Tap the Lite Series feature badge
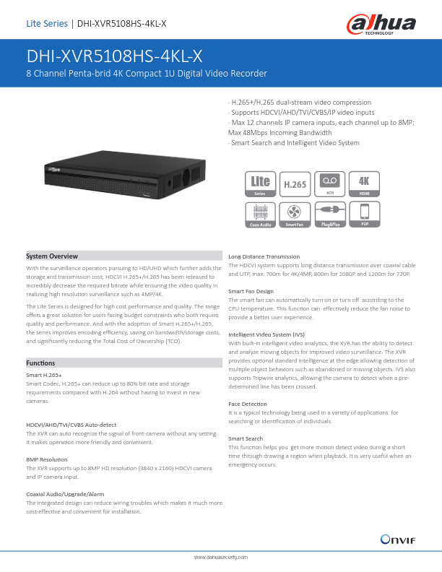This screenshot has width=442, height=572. click(x=260, y=184)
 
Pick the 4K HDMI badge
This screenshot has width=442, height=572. click(x=364, y=184)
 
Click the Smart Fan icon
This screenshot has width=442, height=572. click(x=294, y=214)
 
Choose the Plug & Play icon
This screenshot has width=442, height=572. click(x=329, y=214)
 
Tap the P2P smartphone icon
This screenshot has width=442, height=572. click(x=364, y=214)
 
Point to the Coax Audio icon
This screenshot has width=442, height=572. click(x=260, y=214)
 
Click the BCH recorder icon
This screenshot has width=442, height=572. click(x=329, y=184)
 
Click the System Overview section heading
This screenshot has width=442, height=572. click(x=52, y=256)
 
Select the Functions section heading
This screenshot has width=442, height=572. click(x=40, y=363)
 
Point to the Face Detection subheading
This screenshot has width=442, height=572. click(x=248, y=403)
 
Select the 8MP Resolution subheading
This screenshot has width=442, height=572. click(x=47, y=459)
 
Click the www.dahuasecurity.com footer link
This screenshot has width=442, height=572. click(x=221, y=558)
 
